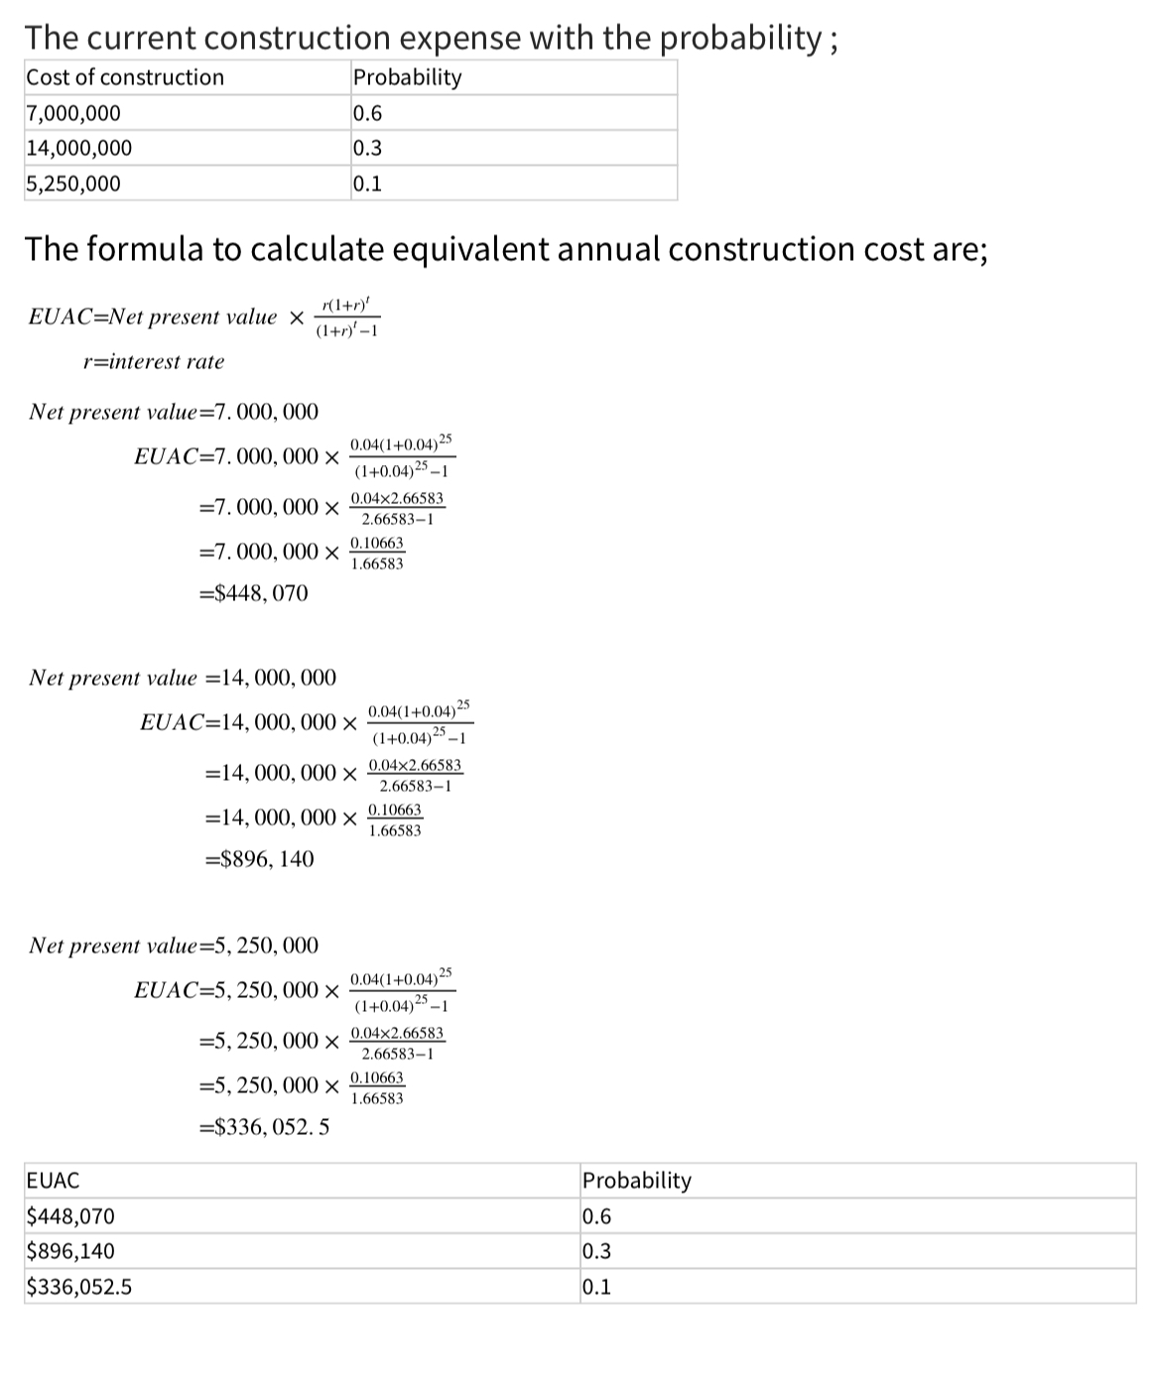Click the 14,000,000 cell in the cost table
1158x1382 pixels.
click(79, 149)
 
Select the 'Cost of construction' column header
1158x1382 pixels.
click(125, 77)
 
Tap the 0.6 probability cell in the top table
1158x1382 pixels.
click(368, 113)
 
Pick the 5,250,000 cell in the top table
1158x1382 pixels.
click(74, 184)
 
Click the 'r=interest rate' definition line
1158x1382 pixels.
click(154, 362)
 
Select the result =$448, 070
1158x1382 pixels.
click(254, 593)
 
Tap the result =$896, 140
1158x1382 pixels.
click(258, 859)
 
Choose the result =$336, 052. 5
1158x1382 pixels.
click(265, 1127)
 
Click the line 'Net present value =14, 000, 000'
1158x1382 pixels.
click(183, 679)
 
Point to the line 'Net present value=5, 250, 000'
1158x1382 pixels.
click(174, 945)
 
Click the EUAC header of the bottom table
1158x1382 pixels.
click(54, 1181)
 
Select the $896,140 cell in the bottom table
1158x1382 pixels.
click(70, 1251)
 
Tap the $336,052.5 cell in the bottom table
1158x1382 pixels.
click(79, 1287)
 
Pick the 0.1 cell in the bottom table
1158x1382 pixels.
click(597, 1287)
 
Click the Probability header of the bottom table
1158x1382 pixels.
click(637, 1181)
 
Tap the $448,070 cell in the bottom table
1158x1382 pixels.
click(70, 1216)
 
